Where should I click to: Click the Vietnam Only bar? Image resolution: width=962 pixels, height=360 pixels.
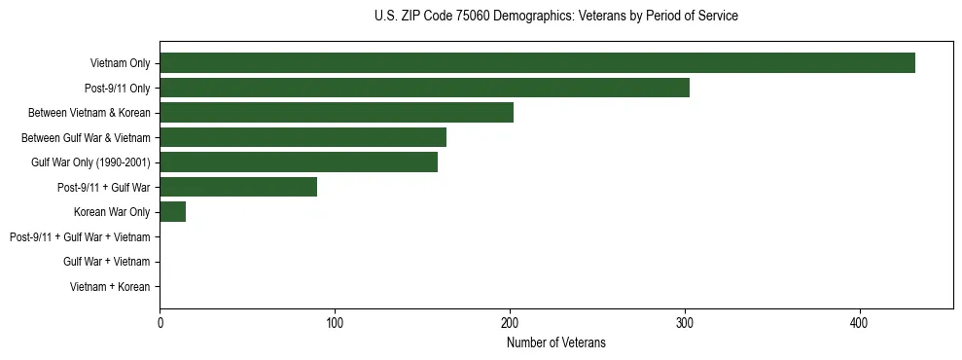pos(537,63)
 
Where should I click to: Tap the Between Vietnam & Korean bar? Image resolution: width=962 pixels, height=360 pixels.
pos(337,113)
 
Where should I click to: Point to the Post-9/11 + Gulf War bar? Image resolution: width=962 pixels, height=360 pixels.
pos(238,187)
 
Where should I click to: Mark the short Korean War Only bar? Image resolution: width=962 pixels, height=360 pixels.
pos(173,212)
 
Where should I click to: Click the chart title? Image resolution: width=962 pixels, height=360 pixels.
pos(555,17)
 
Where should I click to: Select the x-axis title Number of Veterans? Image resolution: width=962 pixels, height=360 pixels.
pos(555,342)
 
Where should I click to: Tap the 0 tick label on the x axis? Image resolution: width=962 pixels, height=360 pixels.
pos(160,323)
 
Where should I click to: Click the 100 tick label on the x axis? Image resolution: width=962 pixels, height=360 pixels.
pos(335,323)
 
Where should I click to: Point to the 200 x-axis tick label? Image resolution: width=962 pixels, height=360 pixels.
pos(510,323)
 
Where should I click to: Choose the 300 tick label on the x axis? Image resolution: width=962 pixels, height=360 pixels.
pos(685,323)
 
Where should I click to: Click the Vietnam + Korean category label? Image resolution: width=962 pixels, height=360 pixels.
pos(110,287)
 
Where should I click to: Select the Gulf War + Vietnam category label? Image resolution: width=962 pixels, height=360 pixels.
pos(106,262)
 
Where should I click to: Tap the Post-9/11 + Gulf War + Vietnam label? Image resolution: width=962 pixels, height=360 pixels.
pos(80,237)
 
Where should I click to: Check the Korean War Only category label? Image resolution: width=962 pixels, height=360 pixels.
pos(112,212)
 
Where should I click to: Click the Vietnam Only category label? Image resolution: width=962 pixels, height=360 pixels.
pos(120,63)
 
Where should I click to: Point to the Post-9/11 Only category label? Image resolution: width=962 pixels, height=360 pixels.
pos(117,89)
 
